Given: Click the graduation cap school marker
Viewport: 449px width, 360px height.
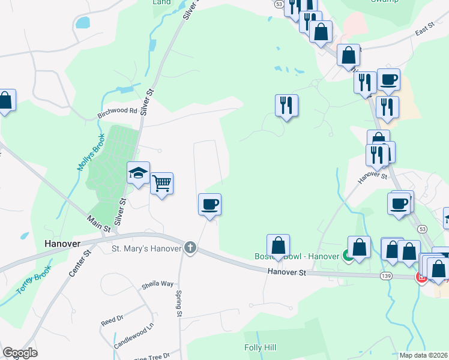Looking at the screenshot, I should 138,173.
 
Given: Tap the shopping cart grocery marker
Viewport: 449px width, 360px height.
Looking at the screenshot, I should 162,182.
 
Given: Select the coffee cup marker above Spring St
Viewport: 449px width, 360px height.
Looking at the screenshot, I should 209,204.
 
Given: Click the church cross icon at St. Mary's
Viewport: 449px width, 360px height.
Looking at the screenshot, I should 190,247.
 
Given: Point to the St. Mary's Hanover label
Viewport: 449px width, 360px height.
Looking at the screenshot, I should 146,248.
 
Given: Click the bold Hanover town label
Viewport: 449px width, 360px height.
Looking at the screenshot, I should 62,244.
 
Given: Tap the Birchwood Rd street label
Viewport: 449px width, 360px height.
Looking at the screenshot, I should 117,110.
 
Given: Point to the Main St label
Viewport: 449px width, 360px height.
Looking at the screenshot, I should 99,224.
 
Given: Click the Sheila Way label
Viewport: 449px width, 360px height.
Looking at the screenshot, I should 157,283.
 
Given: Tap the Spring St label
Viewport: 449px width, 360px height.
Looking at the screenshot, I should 179,304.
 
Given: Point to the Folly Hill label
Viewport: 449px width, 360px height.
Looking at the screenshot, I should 260,347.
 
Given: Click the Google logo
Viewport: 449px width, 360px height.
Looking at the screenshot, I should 20,353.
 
